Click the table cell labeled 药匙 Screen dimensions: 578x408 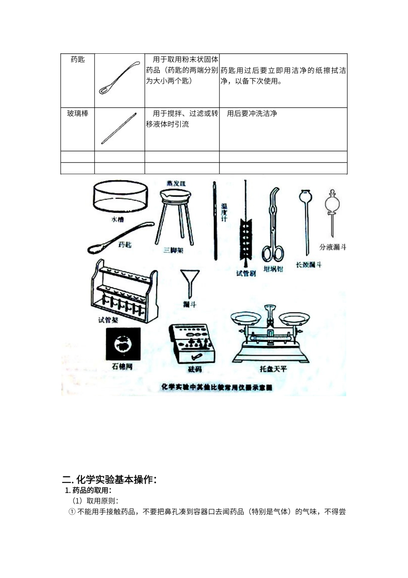(78, 59)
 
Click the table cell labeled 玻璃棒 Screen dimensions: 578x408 (78, 114)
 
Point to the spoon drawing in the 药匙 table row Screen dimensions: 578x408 (119, 78)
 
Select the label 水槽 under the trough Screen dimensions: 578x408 (118, 219)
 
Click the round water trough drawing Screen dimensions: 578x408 (121, 196)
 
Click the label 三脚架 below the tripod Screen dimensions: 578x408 (173, 250)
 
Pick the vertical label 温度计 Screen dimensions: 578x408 (224, 212)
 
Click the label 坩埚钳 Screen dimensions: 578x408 (274, 269)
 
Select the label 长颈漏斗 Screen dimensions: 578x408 (309, 265)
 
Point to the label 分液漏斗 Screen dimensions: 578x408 (333, 247)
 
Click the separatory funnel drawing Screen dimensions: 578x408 (331, 211)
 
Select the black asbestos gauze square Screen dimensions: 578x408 (123, 344)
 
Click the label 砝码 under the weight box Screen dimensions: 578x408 (195, 369)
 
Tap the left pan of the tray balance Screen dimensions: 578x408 (246, 319)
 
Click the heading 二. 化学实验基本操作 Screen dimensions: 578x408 (110, 480)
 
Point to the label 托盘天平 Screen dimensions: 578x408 (274, 369)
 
